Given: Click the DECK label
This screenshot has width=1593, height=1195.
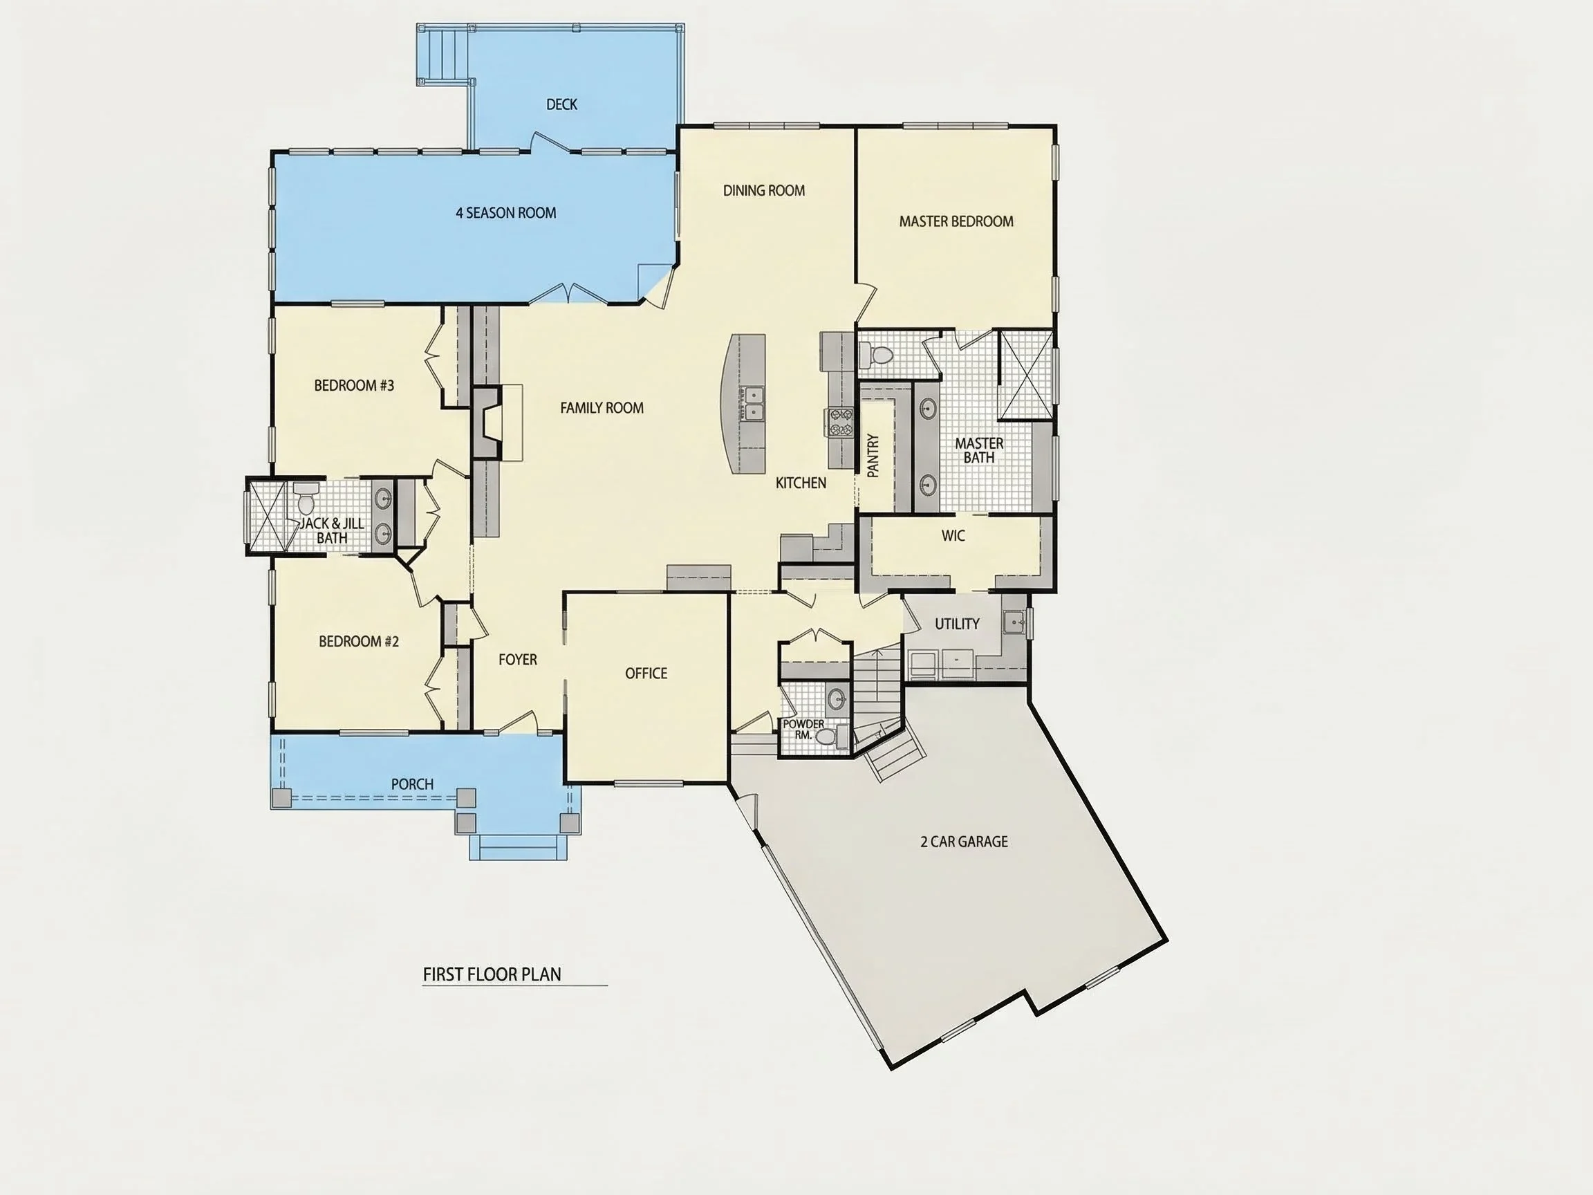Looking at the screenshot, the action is pyautogui.click(x=561, y=104).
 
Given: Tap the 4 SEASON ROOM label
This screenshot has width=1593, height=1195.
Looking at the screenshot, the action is pyautogui.click(x=505, y=213).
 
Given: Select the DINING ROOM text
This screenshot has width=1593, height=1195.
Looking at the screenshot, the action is pyautogui.click(x=764, y=191).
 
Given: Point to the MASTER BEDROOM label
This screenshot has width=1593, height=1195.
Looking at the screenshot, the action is pyautogui.click(x=956, y=222).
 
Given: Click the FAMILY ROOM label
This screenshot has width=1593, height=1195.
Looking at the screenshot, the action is pyautogui.click(x=602, y=409).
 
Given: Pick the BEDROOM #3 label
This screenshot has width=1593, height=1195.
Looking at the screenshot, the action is pyautogui.click(x=354, y=386).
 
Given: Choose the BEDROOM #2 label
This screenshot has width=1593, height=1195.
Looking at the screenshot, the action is pyautogui.click(x=359, y=642).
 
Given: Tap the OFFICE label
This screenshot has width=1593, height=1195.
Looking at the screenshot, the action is pyautogui.click(x=646, y=674).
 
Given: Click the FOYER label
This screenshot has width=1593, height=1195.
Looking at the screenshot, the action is pyautogui.click(x=518, y=660).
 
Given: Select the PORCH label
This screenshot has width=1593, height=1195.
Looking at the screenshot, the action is pyautogui.click(x=412, y=784).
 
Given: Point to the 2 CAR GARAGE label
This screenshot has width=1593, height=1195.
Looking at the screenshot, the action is pyautogui.click(x=965, y=842).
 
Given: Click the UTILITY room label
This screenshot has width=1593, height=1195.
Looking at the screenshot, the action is pyautogui.click(x=957, y=624).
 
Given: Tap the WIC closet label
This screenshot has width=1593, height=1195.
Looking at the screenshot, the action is pyautogui.click(x=953, y=537).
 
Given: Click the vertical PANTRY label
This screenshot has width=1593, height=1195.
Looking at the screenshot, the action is pyautogui.click(x=873, y=455).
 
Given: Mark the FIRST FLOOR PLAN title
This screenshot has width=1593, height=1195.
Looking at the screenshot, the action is pyautogui.click(x=492, y=974).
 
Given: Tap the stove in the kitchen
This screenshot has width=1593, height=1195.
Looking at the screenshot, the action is pyautogui.click(x=839, y=422).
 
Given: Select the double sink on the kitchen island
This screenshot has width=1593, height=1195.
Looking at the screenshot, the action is pyautogui.click(x=754, y=403).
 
